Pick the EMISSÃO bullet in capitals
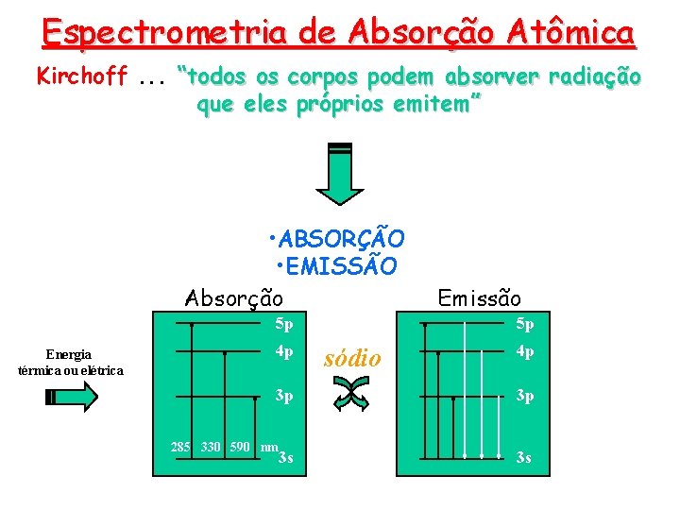coord(336,266)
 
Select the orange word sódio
coord(351,358)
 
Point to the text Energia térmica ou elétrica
coord(70,362)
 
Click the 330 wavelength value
coord(212,446)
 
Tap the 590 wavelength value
coord(240,446)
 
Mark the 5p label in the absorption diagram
coord(283,326)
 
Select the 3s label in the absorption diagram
coord(285,458)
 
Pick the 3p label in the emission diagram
coord(524,396)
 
